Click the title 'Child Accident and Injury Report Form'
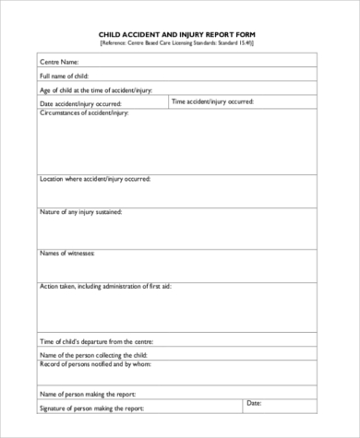(x=175, y=34)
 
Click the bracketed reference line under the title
(x=175, y=43)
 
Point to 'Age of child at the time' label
(x=95, y=90)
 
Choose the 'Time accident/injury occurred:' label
(x=213, y=101)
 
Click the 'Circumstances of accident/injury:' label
(x=85, y=112)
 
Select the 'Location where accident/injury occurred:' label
(x=95, y=179)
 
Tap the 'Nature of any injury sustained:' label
(x=81, y=212)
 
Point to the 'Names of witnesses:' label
(x=67, y=253)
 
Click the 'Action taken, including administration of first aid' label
(x=105, y=287)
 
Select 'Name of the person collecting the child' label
(x=92, y=355)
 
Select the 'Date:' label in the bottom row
(x=255, y=403)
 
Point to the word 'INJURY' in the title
(x=184, y=34)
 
